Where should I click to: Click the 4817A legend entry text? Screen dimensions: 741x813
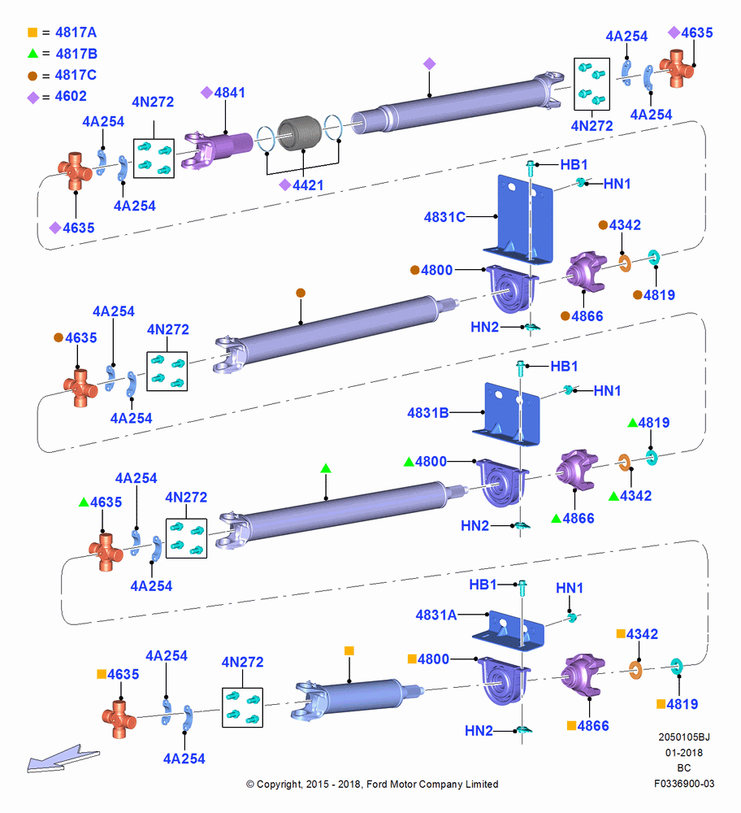click(76, 33)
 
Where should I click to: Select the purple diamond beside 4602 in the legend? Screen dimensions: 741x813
click(33, 98)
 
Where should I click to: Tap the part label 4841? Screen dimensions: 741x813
click(230, 93)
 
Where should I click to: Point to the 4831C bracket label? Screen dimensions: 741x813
click(444, 217)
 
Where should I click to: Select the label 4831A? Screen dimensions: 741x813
click(435, 615)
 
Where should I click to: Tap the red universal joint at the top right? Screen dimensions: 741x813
click(677, 68)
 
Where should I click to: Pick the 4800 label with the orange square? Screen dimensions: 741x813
click(433, 659)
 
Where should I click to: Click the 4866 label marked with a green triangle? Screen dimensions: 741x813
click(578, 519)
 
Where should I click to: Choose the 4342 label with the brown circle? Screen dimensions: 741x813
click(625, 225)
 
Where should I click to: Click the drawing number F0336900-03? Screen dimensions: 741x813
click(684, 784)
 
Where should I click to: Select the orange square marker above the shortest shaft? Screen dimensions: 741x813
click(349, 650)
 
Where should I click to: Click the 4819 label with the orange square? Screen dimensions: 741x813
click(682, 704)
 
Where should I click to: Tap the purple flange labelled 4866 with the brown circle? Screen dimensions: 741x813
click(586, 272)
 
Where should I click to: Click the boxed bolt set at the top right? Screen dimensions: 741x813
click(591, 84)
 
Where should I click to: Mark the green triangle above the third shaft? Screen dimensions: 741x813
click(326, 468)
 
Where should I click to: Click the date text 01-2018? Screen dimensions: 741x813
click(684, 752)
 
